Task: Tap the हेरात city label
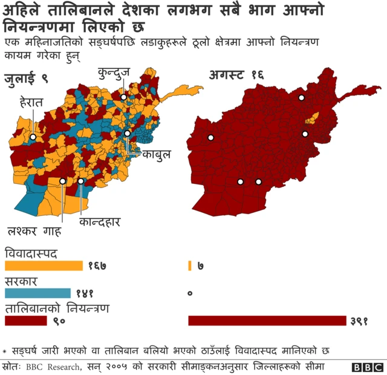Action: [x=31, y=103]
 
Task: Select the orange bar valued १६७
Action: [x=44, y=266]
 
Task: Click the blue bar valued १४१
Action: [x=37, y=293]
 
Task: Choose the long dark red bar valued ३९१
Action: [x=267, y=321]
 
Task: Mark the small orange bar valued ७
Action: [x=190, y=266]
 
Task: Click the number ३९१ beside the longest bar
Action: [x=359, y=321]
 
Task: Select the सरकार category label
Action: [x=22, y=281]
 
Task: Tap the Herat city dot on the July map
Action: [x=33, y=138]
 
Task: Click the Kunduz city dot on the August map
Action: [x=301, y=97]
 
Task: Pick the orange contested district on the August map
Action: [x=314, y=117]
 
